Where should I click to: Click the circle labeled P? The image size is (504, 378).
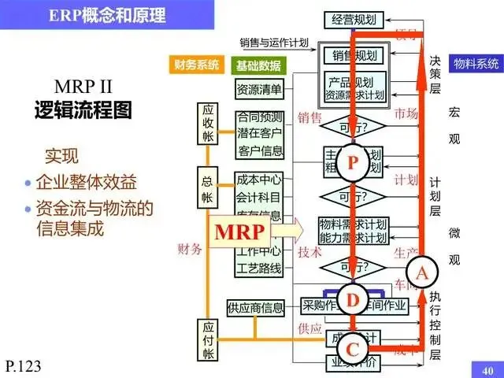[x=352, y=162]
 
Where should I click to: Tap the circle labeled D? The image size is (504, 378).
[x=352, y=299]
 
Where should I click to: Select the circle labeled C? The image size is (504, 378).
[x=352, y=347]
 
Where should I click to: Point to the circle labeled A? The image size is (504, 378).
[x=421, y=272]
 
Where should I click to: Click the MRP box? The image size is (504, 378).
[x=242, y=232]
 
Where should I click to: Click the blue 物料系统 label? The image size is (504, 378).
[x=474, y=62]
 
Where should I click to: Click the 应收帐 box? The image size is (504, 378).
[x=209, y=124]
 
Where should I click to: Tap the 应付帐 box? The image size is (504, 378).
[x=209, y=339]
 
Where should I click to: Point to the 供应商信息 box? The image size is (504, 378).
[x=254, y=307]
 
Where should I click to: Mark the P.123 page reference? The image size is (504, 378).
[x=22, y=365]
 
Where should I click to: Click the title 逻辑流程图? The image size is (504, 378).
[x=83, y=109]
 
